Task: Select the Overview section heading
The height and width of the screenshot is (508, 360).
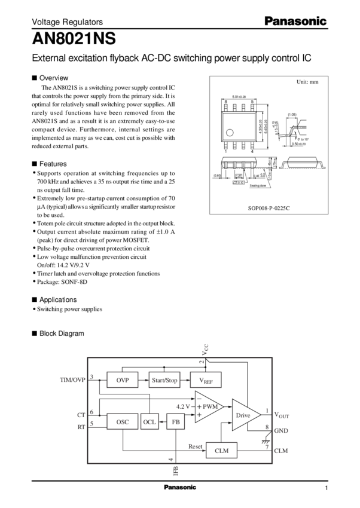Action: (54, 78)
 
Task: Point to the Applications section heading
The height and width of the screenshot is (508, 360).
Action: (57, 298)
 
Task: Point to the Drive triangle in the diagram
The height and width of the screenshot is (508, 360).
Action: (243, 414)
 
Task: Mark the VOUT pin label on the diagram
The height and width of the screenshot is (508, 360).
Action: (280, 414)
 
